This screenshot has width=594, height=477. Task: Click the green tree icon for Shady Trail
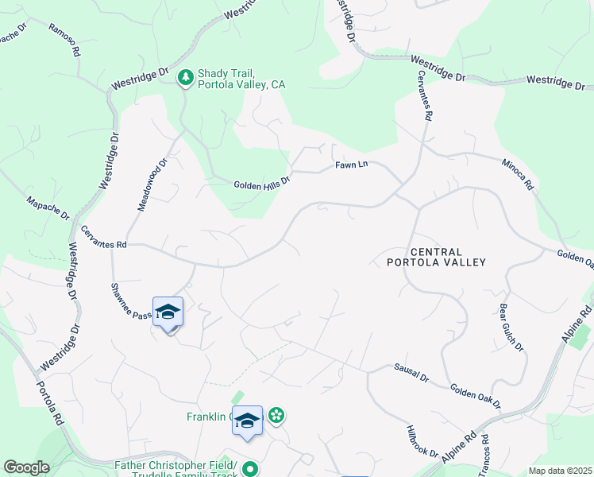pyautogui.click(x=185, y=77)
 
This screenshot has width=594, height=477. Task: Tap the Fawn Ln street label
pyautogui.click(x=352, y=165)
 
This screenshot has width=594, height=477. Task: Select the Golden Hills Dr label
pyautogui.click(x=262, y=185)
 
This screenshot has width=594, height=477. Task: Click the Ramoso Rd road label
pyautogui.click(x=64, y=39)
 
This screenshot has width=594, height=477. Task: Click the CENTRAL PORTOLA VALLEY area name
pyautogui.click(x=435, y=255)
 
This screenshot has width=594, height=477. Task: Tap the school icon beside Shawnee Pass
pyautogui.click(x=168, y=312)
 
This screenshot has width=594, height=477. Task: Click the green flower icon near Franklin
pyautogui.click(x=276, y=415)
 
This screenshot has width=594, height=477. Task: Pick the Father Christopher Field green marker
pyautogui.click(x=250, y=469)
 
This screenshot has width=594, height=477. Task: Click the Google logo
pyautogui.click(x=26, y=467)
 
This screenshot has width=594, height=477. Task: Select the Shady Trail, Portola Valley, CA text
pyautogui.click(x=241, y=78)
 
